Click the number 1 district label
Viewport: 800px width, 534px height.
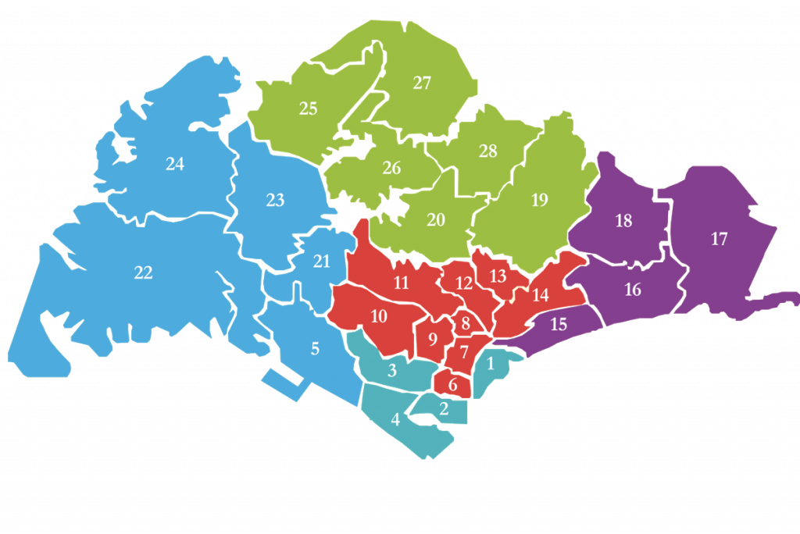491,362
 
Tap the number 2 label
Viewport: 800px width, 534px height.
444,408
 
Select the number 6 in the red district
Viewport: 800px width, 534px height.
453,384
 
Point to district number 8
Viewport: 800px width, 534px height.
465,322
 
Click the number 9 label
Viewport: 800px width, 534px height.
433,339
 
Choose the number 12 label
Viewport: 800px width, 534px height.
464,283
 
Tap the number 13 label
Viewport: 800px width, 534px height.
498,276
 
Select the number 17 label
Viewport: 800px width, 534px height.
719,239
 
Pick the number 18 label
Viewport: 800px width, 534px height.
623,221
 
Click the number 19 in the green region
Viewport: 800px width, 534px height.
539,200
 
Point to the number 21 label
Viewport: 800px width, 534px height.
322,261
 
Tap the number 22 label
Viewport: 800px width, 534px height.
143,272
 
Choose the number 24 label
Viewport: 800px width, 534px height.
175,164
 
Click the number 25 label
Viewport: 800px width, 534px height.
309,109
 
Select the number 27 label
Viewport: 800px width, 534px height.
422,83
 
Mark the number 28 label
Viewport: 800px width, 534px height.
487,151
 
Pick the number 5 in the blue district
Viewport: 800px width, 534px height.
315,348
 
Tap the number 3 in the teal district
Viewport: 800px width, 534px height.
392,370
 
